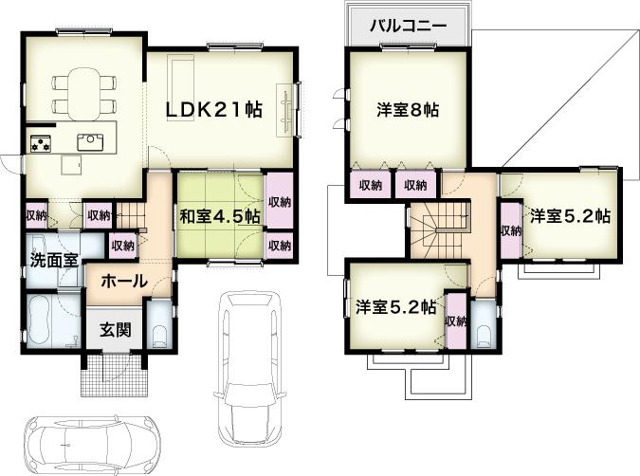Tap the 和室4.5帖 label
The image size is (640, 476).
221,216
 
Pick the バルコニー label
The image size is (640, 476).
408,27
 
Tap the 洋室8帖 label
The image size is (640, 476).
408,110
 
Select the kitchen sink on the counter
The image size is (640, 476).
91,141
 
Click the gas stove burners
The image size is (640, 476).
41,145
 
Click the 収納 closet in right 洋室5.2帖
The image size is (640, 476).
510,230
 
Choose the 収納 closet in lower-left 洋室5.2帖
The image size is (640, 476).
455,320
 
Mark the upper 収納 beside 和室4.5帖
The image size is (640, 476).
279,202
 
